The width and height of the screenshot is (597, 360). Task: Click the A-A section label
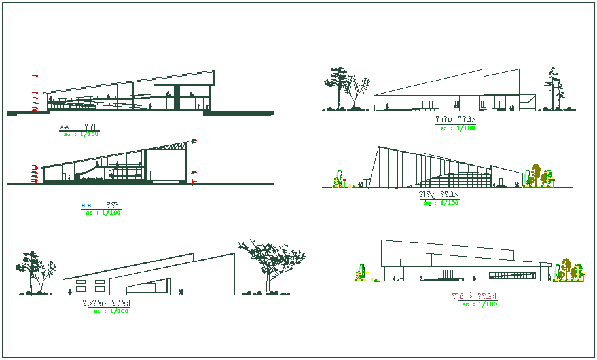[x=64, y=127]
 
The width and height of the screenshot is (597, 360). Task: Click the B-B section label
[x=86, y=206]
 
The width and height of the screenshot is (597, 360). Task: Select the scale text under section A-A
[x=81, y=134]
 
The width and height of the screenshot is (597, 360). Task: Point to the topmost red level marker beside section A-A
[x=36, y=77]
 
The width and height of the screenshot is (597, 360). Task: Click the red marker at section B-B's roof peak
[x=194, y=142]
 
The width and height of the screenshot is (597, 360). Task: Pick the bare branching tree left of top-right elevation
[x=357, y=90]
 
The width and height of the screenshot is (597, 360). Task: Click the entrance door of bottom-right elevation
[x=448, y=274]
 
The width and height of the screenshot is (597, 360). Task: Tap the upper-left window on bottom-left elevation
[x=82, y=283]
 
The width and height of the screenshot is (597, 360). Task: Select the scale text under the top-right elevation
[x=457, y=128]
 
